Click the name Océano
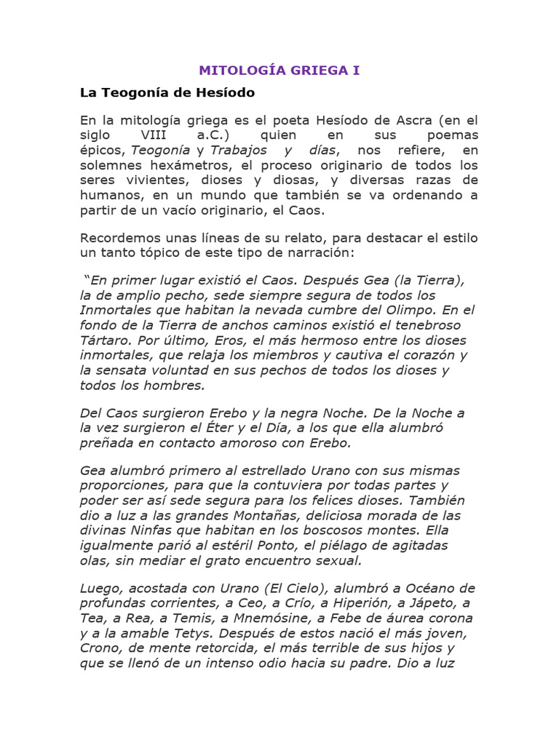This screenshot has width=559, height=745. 419,588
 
